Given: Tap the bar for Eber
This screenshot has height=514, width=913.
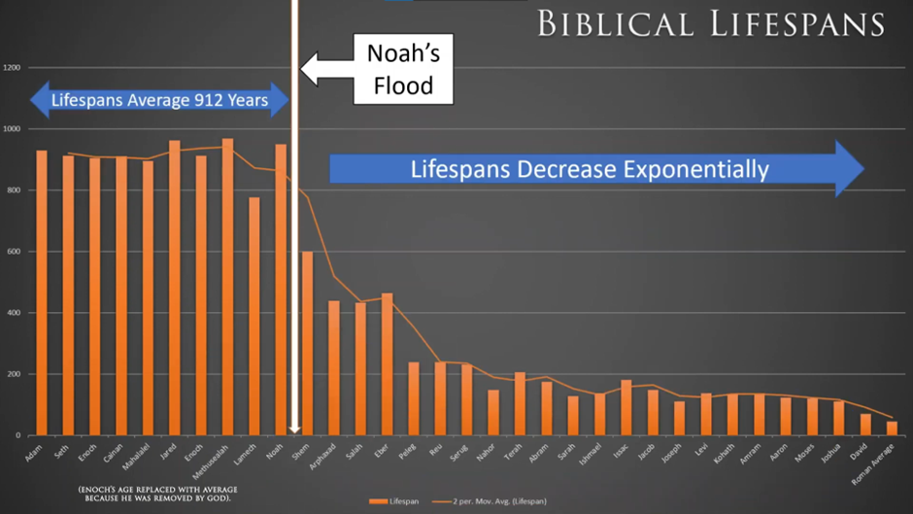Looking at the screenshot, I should pos(387,364).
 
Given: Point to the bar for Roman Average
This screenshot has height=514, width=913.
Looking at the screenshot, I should pos(892,428).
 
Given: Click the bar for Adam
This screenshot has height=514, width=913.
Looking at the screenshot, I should pos(42,292).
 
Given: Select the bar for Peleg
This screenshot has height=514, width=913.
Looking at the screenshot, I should pos(414,398).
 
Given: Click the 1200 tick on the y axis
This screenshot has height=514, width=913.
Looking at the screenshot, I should pos(12,68).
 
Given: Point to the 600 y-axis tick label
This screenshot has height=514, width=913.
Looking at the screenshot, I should pos(12,252).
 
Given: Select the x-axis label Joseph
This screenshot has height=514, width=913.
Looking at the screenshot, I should pos(671,451).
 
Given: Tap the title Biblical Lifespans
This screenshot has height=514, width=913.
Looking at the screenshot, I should pos(710,23).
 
